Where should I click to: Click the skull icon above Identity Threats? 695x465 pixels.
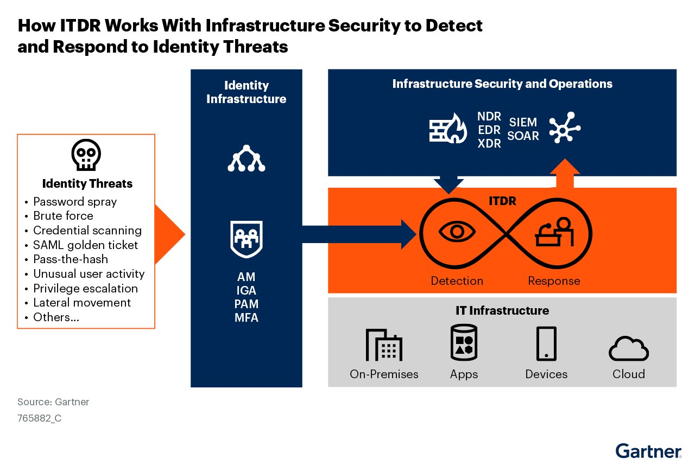[86, 156]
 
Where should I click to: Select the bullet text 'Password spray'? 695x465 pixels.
[75, 202]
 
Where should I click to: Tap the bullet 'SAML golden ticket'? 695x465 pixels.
[85, 245]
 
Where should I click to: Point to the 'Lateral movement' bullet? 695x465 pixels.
[82, 303]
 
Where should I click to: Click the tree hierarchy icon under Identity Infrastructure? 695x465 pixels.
[246, 159]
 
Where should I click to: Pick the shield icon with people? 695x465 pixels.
[246, 238]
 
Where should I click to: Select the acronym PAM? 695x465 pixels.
[247, 304]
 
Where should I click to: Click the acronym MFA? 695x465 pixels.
[247, 318]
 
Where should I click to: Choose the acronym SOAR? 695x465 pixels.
[523, 136]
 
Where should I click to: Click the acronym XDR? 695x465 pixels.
[489, 144]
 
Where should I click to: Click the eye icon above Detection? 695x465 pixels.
[457, 232]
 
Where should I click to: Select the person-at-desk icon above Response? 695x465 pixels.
[555, 232]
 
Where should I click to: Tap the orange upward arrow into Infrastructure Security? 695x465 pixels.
[565, 174]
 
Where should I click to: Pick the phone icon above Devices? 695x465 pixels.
[546, 343]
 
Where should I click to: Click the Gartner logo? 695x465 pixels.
[648, 451]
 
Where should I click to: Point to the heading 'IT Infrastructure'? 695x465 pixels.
[502, 311]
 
